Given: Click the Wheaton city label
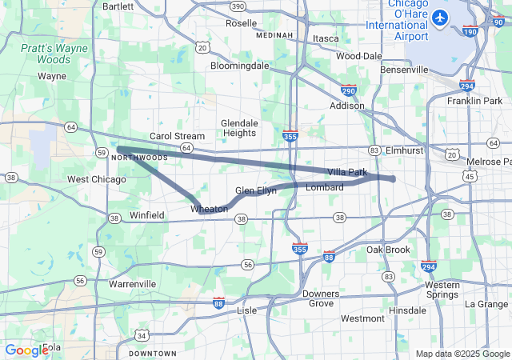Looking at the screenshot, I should pos(209,209).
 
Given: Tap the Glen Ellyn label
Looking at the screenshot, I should pos(256,190).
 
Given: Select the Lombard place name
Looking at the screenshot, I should pos(325,187).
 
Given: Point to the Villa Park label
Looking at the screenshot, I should pos(346,172).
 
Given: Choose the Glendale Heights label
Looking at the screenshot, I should pos(239,128).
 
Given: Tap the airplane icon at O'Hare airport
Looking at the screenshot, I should pos(439,17).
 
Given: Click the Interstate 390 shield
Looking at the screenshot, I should pos(238,6).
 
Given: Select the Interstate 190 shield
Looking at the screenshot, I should pos(470,31).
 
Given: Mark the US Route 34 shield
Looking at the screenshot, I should pos(142,335).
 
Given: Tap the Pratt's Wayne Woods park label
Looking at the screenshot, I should pos(54,54).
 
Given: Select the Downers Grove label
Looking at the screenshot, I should pos(321,298).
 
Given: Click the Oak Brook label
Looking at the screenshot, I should pos(388,250).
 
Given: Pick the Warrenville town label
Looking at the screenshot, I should pos(132,284).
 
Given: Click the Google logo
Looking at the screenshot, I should pos(26,350).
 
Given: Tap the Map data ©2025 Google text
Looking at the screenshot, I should pos(462,354).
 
